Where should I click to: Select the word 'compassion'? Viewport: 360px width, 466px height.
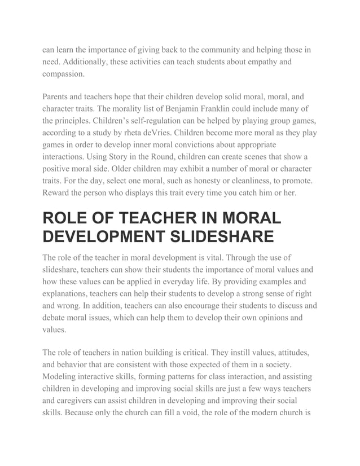pos(64,74)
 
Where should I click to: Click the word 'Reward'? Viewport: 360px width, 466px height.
pos(58,194)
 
